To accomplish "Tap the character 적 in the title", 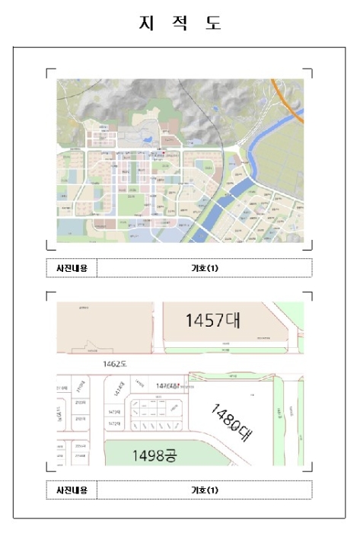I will (180, 24).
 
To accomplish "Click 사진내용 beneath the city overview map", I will (72, 268).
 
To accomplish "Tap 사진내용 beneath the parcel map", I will (72, 490).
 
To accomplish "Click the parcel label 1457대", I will (212, 320).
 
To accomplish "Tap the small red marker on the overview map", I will (163, 153).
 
